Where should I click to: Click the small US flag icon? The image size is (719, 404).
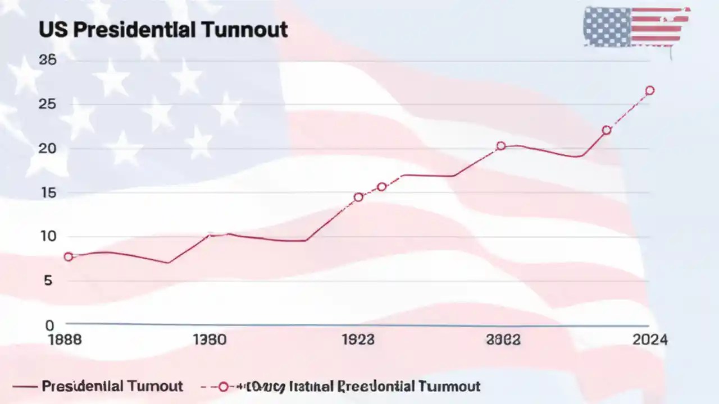pos(636,27)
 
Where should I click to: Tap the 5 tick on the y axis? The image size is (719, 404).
pos(48,280)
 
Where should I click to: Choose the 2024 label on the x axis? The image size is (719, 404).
pos(650,339)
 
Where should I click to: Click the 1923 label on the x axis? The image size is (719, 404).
pos(358,339)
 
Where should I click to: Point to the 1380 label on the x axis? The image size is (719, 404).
pos(210,339)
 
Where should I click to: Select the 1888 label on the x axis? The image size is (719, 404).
pos(65,339)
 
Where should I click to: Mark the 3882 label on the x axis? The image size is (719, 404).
pos(503,339)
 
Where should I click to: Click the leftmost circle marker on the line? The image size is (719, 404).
pos(69,256)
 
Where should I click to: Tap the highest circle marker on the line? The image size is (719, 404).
pos(650,90)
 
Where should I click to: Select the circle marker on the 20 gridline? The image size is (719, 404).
pos(500,146)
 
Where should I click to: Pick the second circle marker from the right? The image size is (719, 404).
pos(607,130)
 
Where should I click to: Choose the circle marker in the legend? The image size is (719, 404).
pos(223,387)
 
